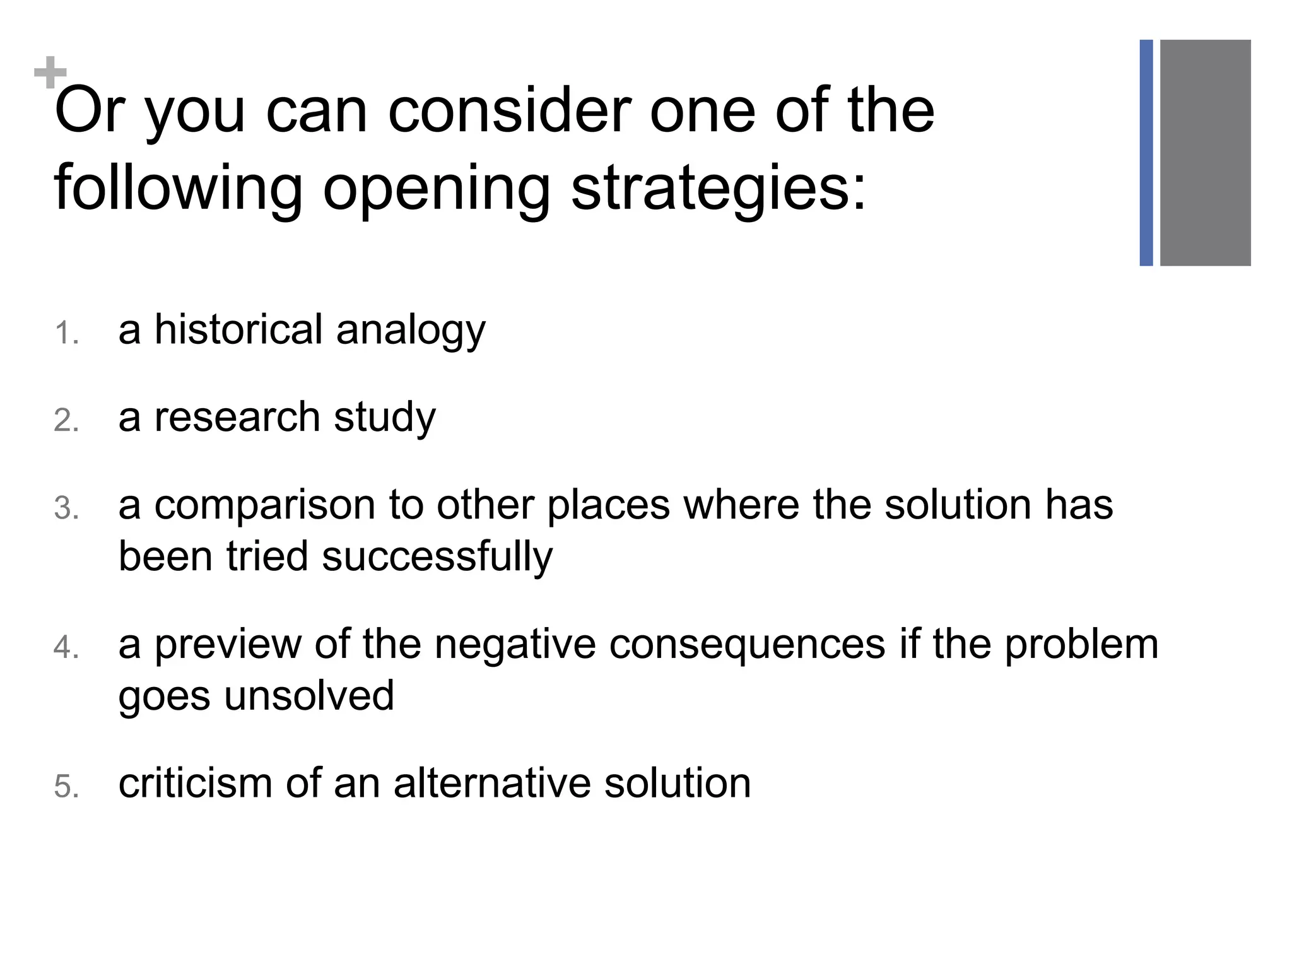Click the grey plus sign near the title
tap(50, 73)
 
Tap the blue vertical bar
tap(1146, 153)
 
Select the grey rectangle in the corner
tap(1205, 153)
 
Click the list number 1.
tap(66, 333)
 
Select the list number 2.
tap(66, 421)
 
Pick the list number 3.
tap(66, 508)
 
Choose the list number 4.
tap(66, 647)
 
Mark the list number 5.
tap(66, 787)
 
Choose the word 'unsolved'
tap(309, 695)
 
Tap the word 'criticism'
tap(196, 783)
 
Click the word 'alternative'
tap(492, 783)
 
